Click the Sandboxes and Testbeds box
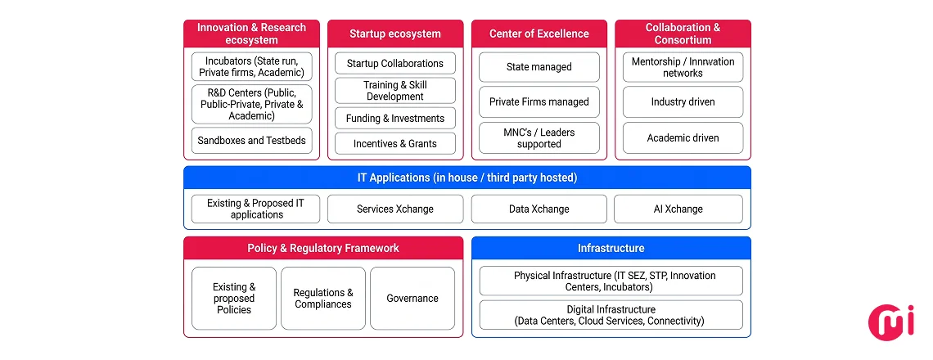251,141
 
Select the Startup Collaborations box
395,64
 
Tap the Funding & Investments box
395,119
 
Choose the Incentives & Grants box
395,144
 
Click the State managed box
539,67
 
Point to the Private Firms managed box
539,102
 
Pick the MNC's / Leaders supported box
539,138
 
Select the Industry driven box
683,102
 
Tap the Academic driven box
683,138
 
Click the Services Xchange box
395,209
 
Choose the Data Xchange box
539,209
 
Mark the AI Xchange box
678,209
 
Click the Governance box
412,299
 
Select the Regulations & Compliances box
323,299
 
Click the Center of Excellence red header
539,34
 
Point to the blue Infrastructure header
611,248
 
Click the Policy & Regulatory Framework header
323,248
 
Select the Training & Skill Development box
395,91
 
